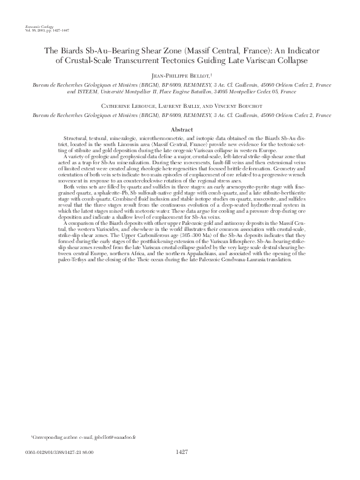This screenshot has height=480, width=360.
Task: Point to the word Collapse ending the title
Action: (x=289, y=61)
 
